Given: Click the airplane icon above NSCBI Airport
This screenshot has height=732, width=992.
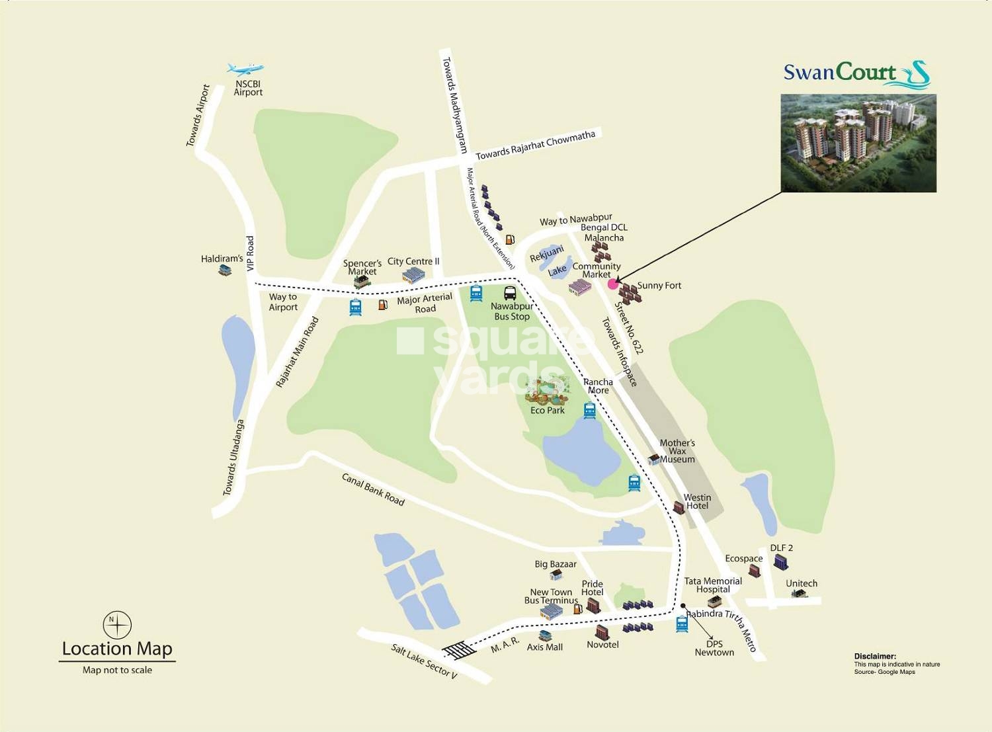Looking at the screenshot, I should click(245, 69).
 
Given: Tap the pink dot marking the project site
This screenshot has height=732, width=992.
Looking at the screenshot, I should click(612, 284).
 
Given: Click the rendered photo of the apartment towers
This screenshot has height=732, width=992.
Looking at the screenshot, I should click(858, 143).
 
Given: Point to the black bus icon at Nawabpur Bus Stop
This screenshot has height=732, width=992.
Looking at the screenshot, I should click(511, 293).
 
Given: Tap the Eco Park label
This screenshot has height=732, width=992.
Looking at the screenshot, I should click(548, 411).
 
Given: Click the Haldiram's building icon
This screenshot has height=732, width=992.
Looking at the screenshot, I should click(225, 270).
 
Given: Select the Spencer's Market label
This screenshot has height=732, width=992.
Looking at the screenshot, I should click(362, 267).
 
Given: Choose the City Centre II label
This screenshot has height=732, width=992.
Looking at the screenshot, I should click(413, 261).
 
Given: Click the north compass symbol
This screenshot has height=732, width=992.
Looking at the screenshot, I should click(117, 625).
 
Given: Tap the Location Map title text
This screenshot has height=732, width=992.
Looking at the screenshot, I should click(117, 649).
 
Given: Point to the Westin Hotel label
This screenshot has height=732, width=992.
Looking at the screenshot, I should click(697, 501).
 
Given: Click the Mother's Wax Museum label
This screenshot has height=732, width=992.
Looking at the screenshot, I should click(677, 451).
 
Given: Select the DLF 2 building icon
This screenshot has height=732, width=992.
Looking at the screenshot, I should click(781, 563).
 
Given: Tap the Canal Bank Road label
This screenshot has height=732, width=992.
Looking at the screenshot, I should click(373, 489).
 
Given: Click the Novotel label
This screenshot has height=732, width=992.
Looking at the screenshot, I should click(602, 645).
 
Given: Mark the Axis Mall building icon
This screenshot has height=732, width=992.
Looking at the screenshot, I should click(545, 636).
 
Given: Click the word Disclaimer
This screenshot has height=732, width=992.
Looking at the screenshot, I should click(875, 657).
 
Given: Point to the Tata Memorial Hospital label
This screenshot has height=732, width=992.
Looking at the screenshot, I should click(713, 585).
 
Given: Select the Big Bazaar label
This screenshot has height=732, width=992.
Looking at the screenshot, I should click(556, 564).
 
